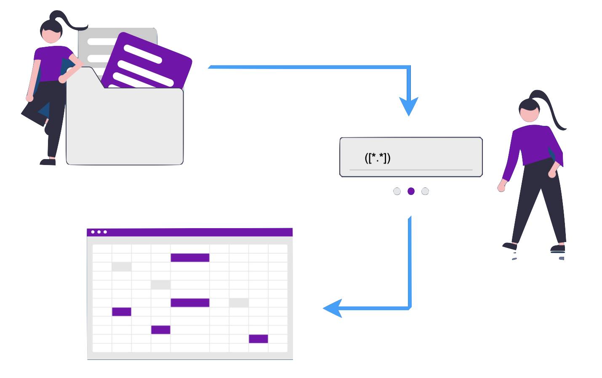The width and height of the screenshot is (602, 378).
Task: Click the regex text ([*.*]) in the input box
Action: pyautogui.click(x=378, y=158)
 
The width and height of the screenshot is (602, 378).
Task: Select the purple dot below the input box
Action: pyautogui.click(x=411, y=191)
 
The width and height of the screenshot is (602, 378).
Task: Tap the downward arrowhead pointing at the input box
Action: pyautogui.click(x=408, y=105)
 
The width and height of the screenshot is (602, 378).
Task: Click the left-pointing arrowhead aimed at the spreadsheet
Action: pyautogui.click(x=333, y=308)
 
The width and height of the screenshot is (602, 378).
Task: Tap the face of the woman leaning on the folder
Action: pyautogui.click(x=52, y=35)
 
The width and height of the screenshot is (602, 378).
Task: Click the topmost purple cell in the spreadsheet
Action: pyautogui.click(x=190, y=258)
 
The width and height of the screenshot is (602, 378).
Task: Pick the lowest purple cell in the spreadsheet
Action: pyautogui.click(x=258, y=339)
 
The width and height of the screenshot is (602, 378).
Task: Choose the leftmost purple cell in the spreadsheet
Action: pyautogui.click(x=122, y=311)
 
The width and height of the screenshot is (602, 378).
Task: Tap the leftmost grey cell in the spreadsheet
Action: pyautogui.click(x=122, y=266)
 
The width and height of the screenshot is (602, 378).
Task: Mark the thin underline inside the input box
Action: pyautogui.click(x=411, y=170)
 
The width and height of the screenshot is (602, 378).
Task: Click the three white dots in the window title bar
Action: pyautogui.click(x=99, y=232)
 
